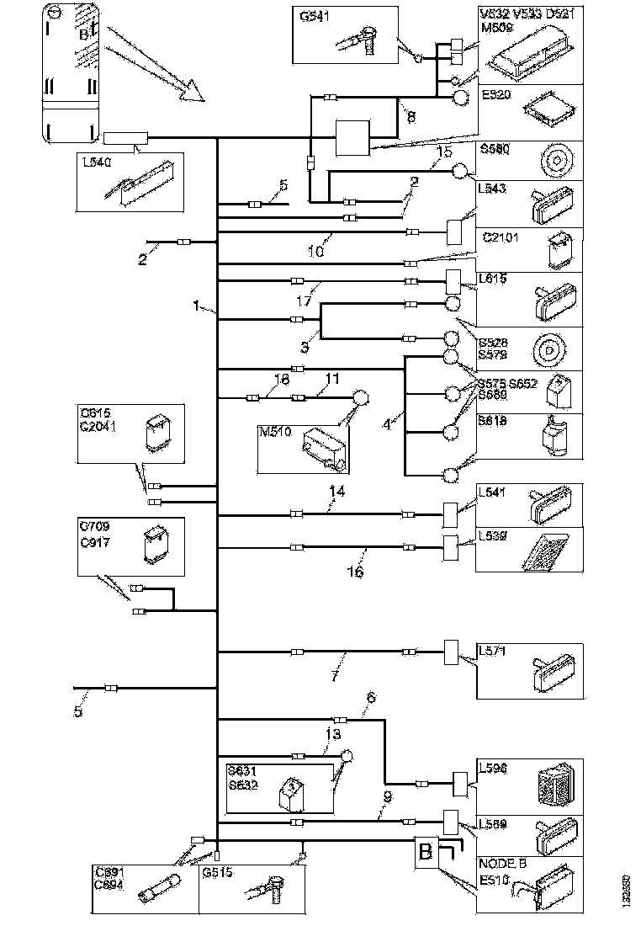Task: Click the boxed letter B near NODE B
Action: click(426, 852)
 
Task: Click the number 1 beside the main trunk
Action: click(196, 307)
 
